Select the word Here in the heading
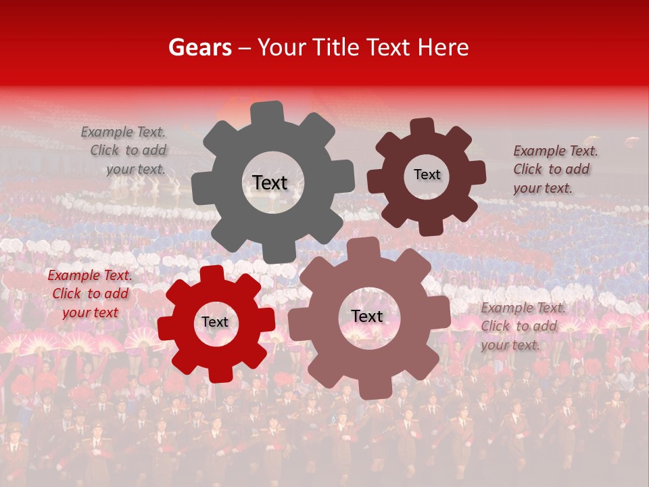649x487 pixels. point(443,47)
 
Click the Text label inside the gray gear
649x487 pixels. point(270,183)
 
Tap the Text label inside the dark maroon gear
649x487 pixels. point(427,175)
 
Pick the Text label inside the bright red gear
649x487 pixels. point(215,322)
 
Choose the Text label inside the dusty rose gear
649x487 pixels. point(367,316)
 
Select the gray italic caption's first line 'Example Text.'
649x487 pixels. point(123,132)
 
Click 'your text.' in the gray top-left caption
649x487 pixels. point(135,169)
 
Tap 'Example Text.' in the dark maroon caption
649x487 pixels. point(556,151)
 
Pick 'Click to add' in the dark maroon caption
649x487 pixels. point(551,169)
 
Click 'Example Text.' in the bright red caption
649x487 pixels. point(90,275)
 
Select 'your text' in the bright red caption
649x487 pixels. point(90,312)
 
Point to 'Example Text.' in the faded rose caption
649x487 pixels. point(523,308)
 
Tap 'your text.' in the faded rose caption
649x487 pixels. point(510,345)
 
